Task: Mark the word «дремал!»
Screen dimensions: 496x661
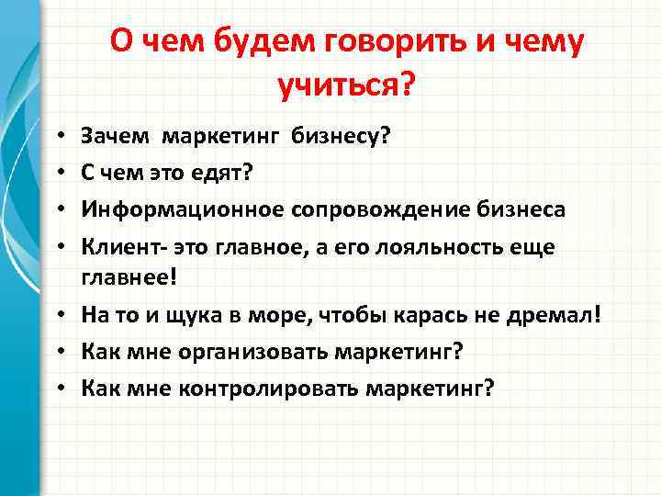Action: click(x=568, y=314)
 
